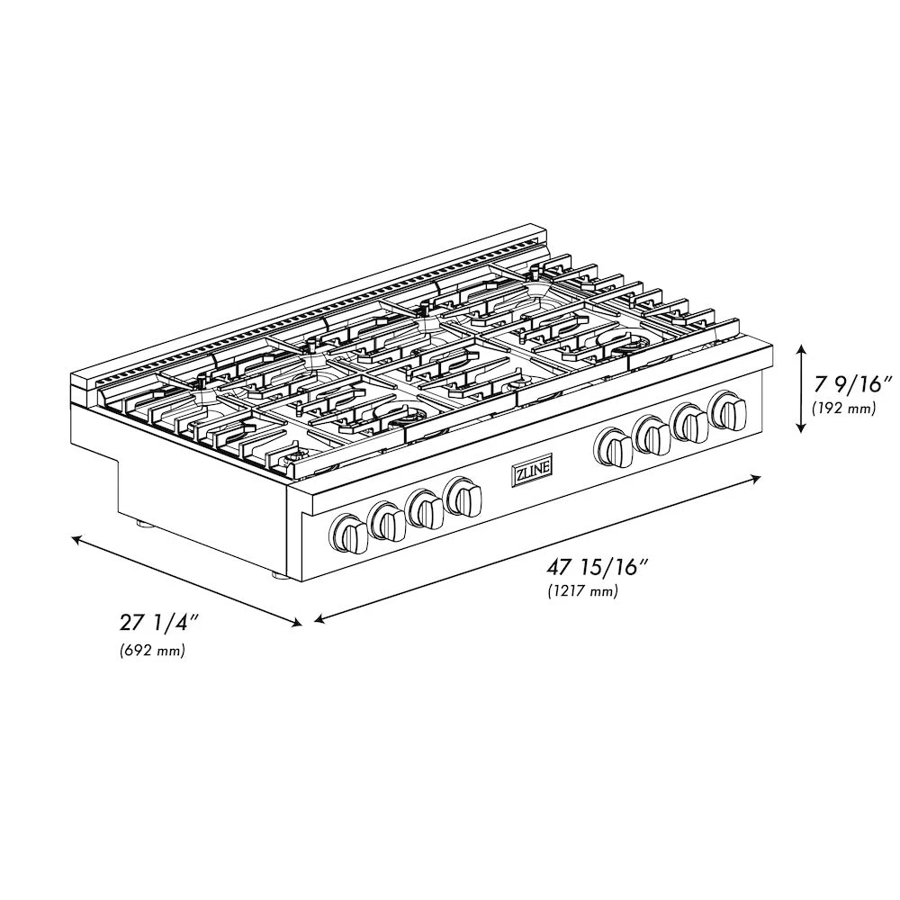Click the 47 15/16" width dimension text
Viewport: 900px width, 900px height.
pyautogui.click(x=598, y=567)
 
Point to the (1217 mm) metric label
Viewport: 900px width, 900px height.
pyautogui.click(x=582, y=591)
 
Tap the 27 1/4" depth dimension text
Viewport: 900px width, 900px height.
pyautogui.click(x=158, y=623)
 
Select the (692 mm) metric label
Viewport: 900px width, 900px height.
pyautogui.click(x=152, y=651)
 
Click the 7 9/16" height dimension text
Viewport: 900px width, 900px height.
pyautogui.click(x=852, y=384)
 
